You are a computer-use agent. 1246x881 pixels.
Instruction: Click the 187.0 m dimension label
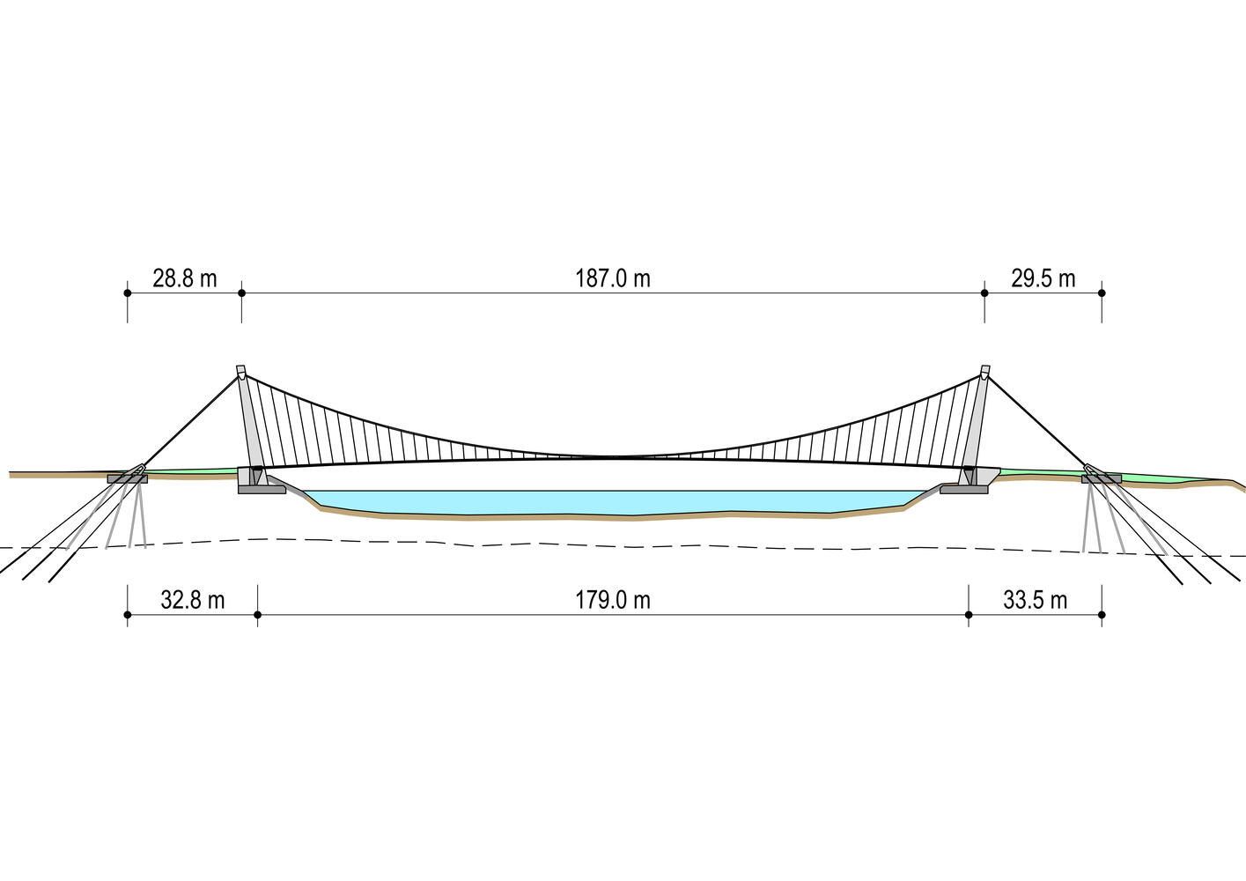[613, 278]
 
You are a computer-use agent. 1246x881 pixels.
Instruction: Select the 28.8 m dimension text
[184, 278]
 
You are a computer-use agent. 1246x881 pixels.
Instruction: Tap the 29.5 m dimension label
[1043, 278]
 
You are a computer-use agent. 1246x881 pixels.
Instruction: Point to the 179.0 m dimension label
[613, 600]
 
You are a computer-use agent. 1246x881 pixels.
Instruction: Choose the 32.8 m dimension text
[192, 600]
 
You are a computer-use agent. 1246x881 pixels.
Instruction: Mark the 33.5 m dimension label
[1035, 600]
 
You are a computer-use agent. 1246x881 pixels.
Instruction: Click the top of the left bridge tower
[240, 370]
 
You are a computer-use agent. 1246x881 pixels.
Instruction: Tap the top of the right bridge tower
[984, 370]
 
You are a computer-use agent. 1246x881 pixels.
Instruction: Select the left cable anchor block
[127, 478]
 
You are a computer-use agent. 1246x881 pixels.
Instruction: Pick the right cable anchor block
[1102, 478]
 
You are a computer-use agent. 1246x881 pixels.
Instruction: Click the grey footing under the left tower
[262, 489]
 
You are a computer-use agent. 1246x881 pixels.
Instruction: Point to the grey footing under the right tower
[963, 489]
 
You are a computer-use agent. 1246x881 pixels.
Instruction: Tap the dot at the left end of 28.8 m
[127, 293]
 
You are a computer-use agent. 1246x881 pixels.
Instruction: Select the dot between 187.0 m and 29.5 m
[984, 293]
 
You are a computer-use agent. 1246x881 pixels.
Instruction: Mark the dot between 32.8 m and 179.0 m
[257, 615]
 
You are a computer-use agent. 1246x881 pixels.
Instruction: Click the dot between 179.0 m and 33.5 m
[969, 615]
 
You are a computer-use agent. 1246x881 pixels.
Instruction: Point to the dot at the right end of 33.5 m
[1102, 615]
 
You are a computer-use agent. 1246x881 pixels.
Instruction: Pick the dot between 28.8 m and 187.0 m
[241, 293]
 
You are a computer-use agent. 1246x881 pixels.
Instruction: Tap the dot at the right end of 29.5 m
[1102, 293]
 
